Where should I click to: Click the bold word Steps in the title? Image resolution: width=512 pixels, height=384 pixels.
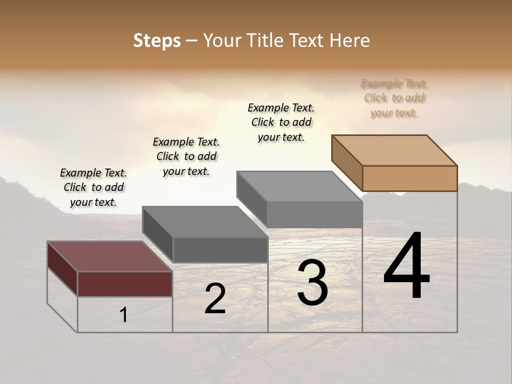pyautogui.click(x=157, y=41)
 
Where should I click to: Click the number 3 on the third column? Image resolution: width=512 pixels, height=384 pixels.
pyautogui.click(x=313, y=283)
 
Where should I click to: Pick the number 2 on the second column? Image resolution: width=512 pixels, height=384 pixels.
pyautogui.click(x=215, y=299)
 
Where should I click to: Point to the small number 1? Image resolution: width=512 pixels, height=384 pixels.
pyautogui.click(x=124, y=315)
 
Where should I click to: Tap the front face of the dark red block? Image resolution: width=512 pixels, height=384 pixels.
pyautogui.click(x=125, y=284)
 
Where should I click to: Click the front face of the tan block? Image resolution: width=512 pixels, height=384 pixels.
pyautogui.click(x=410, y=178)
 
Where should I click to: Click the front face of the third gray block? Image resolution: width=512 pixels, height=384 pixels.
pyautogui.click(x=315, y=215)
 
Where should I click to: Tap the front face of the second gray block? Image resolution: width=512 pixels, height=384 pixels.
pyautogui.click(x=220, y=250)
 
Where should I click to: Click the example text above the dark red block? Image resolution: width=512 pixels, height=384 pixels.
pyautogui.click(x=93, y=187)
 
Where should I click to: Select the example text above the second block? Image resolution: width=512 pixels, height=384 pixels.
pyautogui.click(x=186, y=156)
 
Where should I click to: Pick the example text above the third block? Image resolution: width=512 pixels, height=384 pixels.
pyautogui.click(x=281, y=122)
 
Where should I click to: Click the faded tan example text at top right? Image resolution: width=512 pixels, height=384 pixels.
pyautogui.click(x=394, y=98)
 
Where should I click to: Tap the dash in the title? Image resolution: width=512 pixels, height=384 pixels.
pyautogui.click(x=192, y=41)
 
